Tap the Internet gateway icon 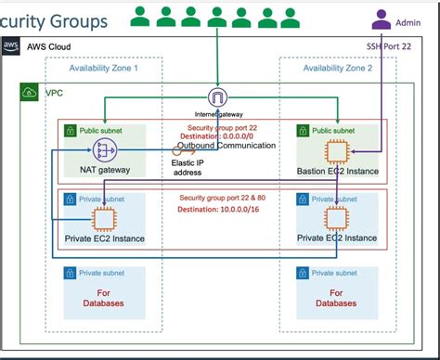(217, 97)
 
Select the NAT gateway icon (104, 150)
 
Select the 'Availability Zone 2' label (338, 68)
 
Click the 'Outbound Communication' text (226, 146)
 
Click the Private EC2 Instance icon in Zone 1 (104, 219)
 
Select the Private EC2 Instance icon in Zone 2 (336, 219)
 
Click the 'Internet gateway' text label (217, 113)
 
